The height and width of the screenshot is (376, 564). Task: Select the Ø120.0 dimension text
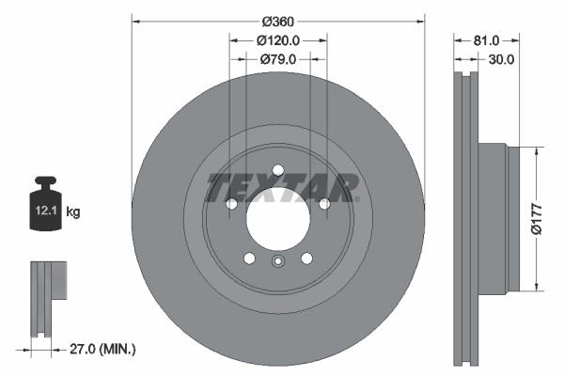pyautogui.click(x=278, y=40)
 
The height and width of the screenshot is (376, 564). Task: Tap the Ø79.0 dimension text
pyautogui.click(x=278, y=59)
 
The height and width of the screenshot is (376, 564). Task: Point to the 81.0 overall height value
pyautogui.click(x=485, y=40)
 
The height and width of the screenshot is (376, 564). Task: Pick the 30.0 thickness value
pyautogui.click(x=500, y=59)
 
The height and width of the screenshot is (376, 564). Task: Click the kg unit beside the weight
pyautogui.click(x=73, y=212)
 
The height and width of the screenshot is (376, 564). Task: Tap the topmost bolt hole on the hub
pyautogui.click(x=278, y=171)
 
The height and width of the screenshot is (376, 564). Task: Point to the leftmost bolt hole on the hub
pyautogui.click(x=232, y=204)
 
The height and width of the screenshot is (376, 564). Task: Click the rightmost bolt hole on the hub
pyautogui.click(x=324, y=204)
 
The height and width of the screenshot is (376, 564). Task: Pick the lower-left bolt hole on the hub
pyautogui.click(x=250, y=259)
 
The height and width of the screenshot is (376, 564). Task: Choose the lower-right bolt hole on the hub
pyautogui.click(x=306, y=259)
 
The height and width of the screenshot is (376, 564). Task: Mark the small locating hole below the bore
pyautogui.click(x=278, y=263)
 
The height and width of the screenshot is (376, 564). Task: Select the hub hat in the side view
pyautogui.click(x=494, y=218)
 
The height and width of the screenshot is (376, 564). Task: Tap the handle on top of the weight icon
pyautogui.click(x=47, y=183)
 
